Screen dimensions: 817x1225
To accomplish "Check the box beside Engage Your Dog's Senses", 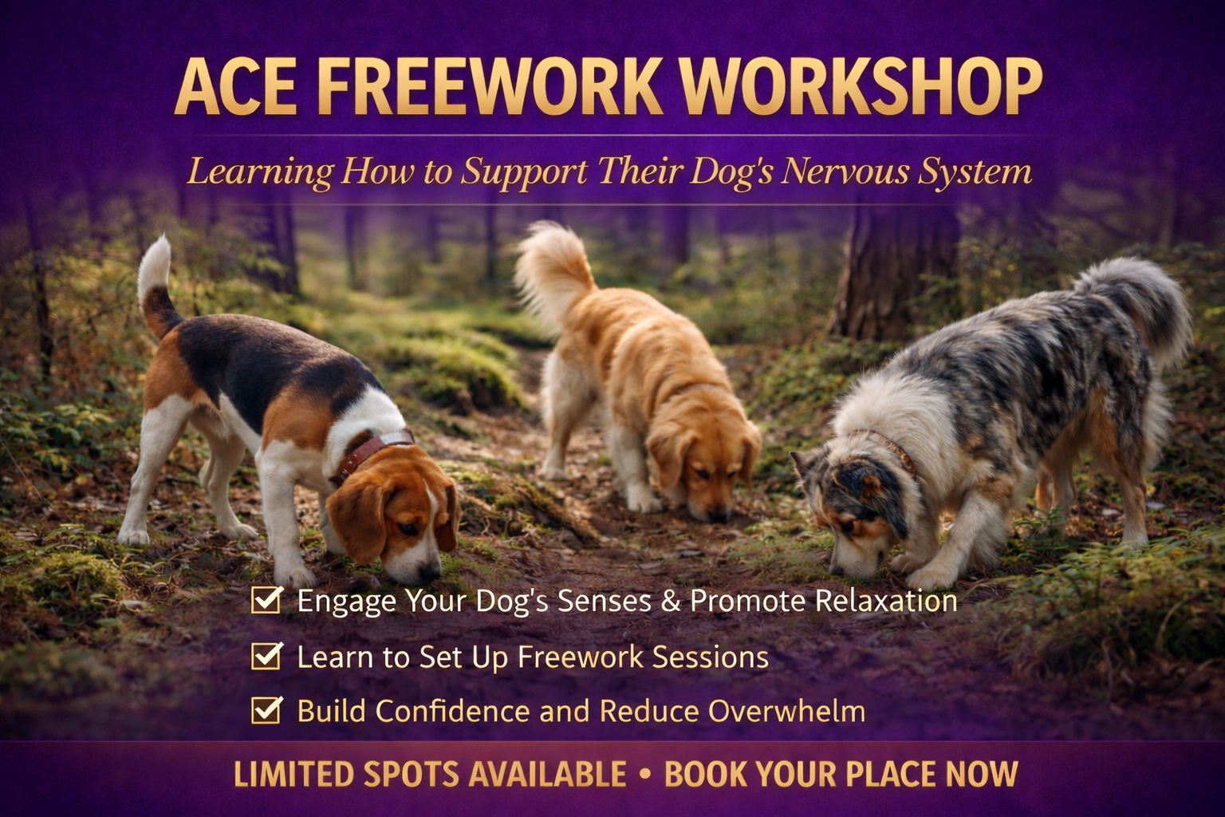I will pyautogui.click(x=266, y=599).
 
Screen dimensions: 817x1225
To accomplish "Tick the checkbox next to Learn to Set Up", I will pyautogui.click(x=266, y=656).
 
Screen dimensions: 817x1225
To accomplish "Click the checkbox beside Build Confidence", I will pyautogui.click(x=266, y=709).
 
